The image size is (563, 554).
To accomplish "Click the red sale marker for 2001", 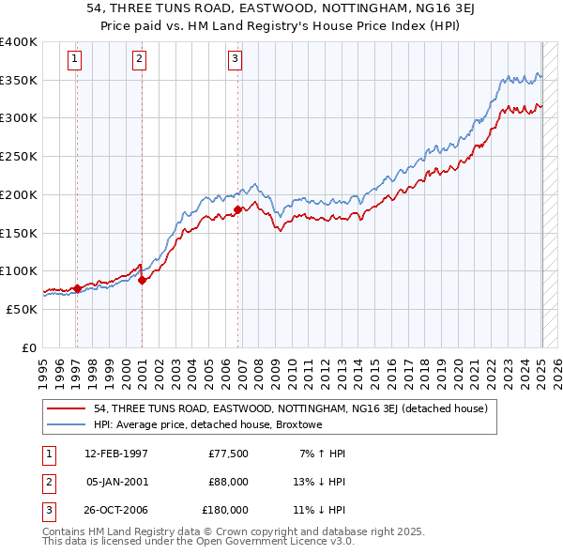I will pos(142,279).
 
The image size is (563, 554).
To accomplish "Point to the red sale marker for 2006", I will pos(237,209).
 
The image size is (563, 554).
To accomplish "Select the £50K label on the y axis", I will pos(22,309).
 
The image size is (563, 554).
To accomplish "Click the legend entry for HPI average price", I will pos(208,425).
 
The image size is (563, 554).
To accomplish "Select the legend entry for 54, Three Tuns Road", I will pos(291,409).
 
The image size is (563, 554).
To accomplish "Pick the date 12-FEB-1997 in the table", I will pos(116,454).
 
